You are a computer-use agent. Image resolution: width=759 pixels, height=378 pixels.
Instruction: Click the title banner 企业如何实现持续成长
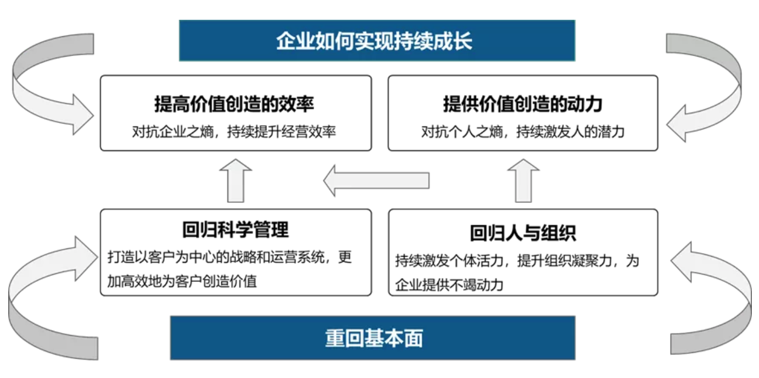coord(377,41)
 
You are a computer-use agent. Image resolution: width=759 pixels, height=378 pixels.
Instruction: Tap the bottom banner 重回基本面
coord(373,338)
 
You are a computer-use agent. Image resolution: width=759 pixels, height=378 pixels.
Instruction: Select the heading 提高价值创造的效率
coord(234,104)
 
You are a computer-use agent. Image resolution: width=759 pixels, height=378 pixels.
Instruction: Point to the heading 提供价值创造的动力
coord(523,104)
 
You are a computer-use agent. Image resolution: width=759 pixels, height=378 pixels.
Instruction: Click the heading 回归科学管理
coord(236,230)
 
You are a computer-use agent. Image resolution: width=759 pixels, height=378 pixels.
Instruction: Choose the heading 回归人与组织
coord(523,233)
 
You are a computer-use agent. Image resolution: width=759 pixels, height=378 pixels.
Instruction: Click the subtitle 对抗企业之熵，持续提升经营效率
coord(234,131)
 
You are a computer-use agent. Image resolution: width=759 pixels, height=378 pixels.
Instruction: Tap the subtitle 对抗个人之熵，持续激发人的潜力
coord(523,131)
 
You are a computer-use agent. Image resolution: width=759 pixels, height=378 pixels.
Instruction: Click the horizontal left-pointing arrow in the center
coord(376,180)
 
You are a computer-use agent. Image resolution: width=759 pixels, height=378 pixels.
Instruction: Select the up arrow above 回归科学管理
coord(236,181)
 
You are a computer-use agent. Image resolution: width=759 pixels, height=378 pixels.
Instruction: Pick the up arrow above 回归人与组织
coord(523,181)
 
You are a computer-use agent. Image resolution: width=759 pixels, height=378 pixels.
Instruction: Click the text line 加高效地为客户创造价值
coord(182,281)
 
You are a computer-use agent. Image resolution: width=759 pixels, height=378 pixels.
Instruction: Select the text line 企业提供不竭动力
coord(449,285)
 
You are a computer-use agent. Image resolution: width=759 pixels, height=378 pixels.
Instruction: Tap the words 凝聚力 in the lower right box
coord(591,261)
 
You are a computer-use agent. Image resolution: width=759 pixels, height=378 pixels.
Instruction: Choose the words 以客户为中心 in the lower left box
coord(169,257)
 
